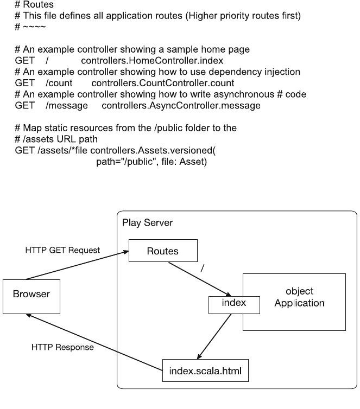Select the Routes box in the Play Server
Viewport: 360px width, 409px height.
[162, 251]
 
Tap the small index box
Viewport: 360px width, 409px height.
[233, 304]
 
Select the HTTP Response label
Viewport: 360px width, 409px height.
[62, 347]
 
